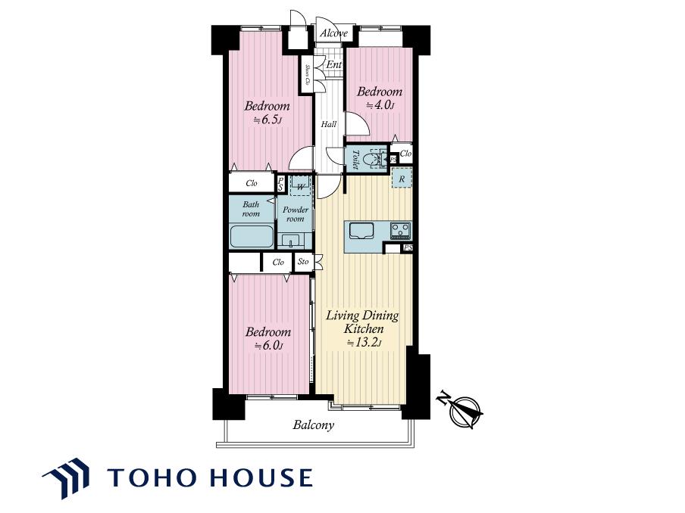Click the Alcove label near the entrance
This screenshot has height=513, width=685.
333,33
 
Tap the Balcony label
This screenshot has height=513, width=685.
313,425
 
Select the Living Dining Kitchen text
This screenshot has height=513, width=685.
363,322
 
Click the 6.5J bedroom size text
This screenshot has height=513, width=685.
267,120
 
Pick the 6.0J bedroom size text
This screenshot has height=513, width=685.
268,346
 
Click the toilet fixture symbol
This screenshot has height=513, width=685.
377,159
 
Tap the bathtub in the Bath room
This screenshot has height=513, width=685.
252,236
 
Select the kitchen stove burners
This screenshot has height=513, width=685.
400,230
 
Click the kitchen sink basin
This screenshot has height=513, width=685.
361,230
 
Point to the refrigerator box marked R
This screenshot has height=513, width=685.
402,179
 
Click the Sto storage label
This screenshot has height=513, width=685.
303,262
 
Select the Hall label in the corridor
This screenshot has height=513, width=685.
329,124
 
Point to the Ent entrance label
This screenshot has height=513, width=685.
334,64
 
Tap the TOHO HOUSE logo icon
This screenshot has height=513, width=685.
66,478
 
